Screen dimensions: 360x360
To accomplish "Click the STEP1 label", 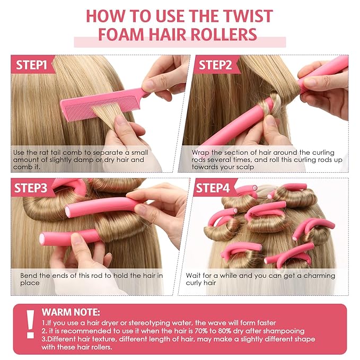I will [32, 65].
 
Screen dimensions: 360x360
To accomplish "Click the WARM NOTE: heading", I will [71, 313].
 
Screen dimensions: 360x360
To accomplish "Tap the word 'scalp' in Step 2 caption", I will [242, 166].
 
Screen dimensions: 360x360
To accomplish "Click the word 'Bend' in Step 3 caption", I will [30, 276].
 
